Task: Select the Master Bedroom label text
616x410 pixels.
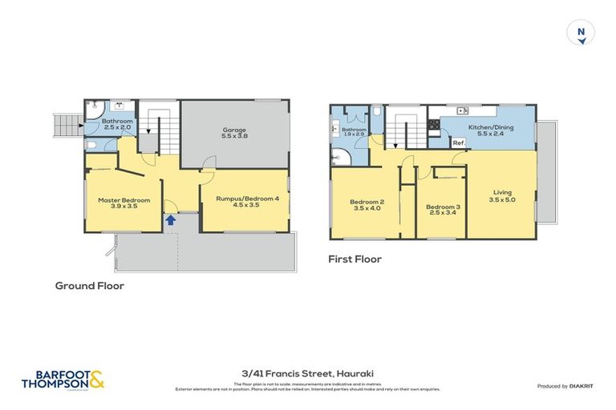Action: (124, 203)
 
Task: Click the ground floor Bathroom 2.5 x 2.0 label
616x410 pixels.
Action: (117, 124)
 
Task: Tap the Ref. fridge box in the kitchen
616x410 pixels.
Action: (458, 143)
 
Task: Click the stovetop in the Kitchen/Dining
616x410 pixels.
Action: (434, 124)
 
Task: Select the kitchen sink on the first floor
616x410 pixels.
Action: (462, 111)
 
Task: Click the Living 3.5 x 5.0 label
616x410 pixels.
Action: (502, 195)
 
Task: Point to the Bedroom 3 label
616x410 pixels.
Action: (441, 209)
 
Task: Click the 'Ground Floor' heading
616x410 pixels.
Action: (89, 285)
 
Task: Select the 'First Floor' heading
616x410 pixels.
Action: (355, 259)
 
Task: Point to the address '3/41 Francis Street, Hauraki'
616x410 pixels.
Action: (308, 373)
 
